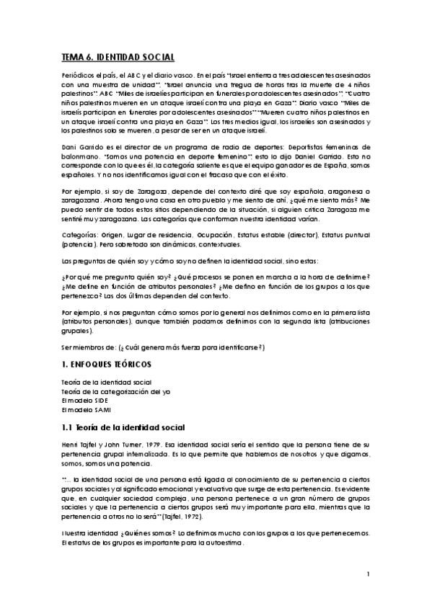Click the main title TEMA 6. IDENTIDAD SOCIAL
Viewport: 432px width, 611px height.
pos(118,56)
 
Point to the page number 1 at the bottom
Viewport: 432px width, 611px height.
pos(368,574)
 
